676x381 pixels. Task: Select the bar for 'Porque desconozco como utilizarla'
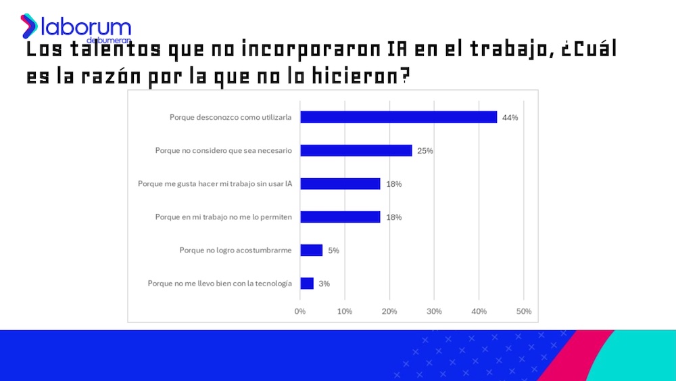click(398, 117)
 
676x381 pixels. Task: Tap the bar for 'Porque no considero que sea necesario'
click(356, 150)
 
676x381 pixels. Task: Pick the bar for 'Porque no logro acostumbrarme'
click(311, 250)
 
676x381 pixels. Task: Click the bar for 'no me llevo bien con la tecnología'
click(307, 284)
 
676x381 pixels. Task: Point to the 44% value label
click(510, 118)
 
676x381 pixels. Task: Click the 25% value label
click(425, 151)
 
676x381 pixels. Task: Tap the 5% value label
click(333, 250)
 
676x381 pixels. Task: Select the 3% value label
click(324, 284)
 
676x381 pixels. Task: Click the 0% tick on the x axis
click(300, 311)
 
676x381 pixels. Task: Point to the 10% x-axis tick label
click(345, 311)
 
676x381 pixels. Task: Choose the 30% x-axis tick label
click(434, 311)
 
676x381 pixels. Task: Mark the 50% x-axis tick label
click(523, 311)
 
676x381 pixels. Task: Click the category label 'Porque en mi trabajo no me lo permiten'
click(223, 217)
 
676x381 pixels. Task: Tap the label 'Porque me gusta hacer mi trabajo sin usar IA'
click(215, 183)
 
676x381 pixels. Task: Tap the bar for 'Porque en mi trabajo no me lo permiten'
click(340, 217)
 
